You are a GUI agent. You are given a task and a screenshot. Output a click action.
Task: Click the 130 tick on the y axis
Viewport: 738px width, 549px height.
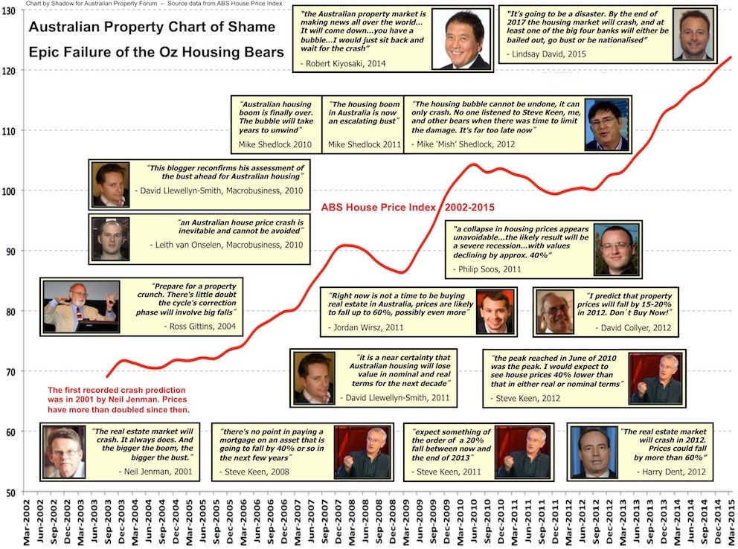(10, 10)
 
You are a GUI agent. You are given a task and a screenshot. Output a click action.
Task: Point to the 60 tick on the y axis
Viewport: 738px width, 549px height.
(10, 431)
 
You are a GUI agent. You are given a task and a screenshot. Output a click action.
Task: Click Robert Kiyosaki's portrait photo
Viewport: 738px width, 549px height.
(464, 39)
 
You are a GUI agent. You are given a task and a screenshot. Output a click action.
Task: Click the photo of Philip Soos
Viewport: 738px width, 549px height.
(616, 248)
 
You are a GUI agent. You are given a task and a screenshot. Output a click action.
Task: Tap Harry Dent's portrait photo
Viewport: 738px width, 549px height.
(593, 452)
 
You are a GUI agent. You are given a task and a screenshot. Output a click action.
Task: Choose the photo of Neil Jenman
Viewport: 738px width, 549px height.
(63, 452)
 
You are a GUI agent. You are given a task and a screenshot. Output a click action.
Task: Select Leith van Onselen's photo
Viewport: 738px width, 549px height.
(110, 237)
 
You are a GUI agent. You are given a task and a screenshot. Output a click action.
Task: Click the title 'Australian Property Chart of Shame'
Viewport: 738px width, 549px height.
(152, 28)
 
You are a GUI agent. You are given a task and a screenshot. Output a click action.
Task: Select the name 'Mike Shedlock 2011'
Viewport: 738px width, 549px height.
(359, 143)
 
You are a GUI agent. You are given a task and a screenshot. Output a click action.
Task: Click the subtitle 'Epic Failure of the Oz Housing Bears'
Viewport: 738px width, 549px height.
(156, 53)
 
